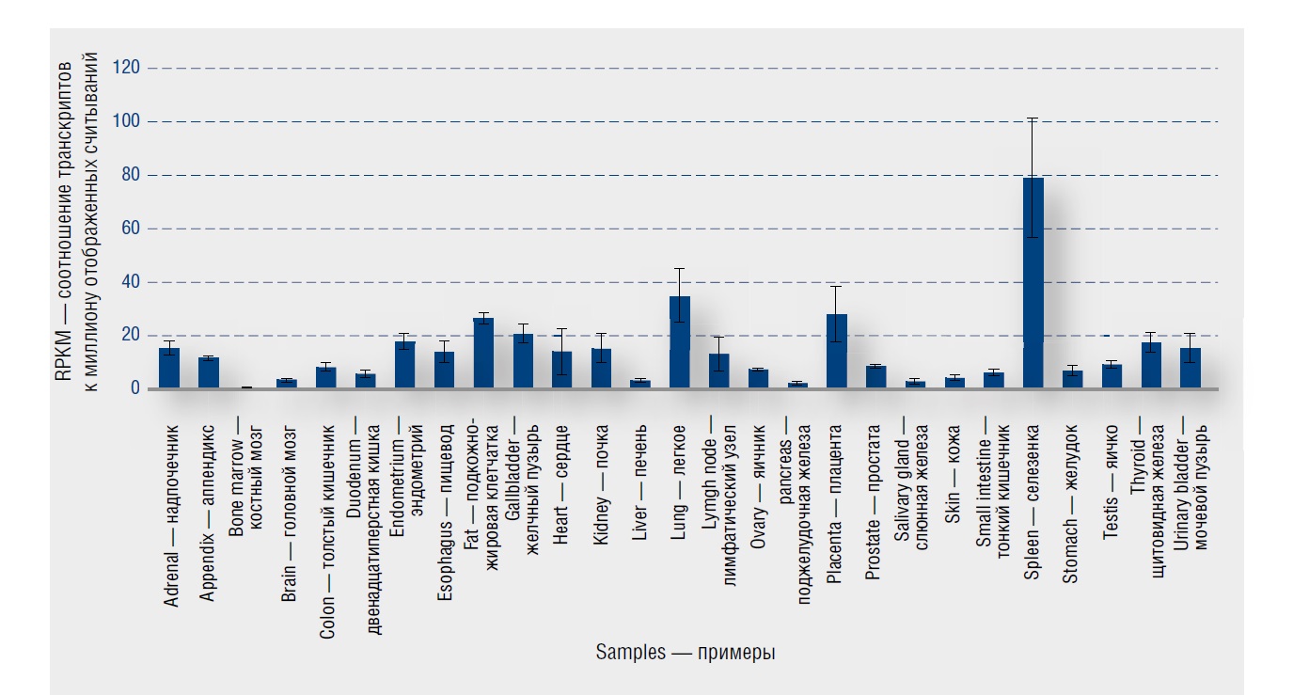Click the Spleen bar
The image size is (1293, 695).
click(1033, 282)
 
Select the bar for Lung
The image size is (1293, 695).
click(679, 342)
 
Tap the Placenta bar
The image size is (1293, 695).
click(836, 351)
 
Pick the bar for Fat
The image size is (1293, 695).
click(482, 353)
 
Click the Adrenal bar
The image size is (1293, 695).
click(168, 368)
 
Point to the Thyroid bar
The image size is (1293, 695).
click(1151, 365)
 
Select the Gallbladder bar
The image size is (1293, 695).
click(522, 361)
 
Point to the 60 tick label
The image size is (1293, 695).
click(130, 229)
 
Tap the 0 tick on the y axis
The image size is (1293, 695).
click(134, 388)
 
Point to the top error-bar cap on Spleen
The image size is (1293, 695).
click(1033, 118)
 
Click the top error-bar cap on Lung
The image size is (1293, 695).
click(679, 269)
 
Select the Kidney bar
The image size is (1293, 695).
click(600, 369)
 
